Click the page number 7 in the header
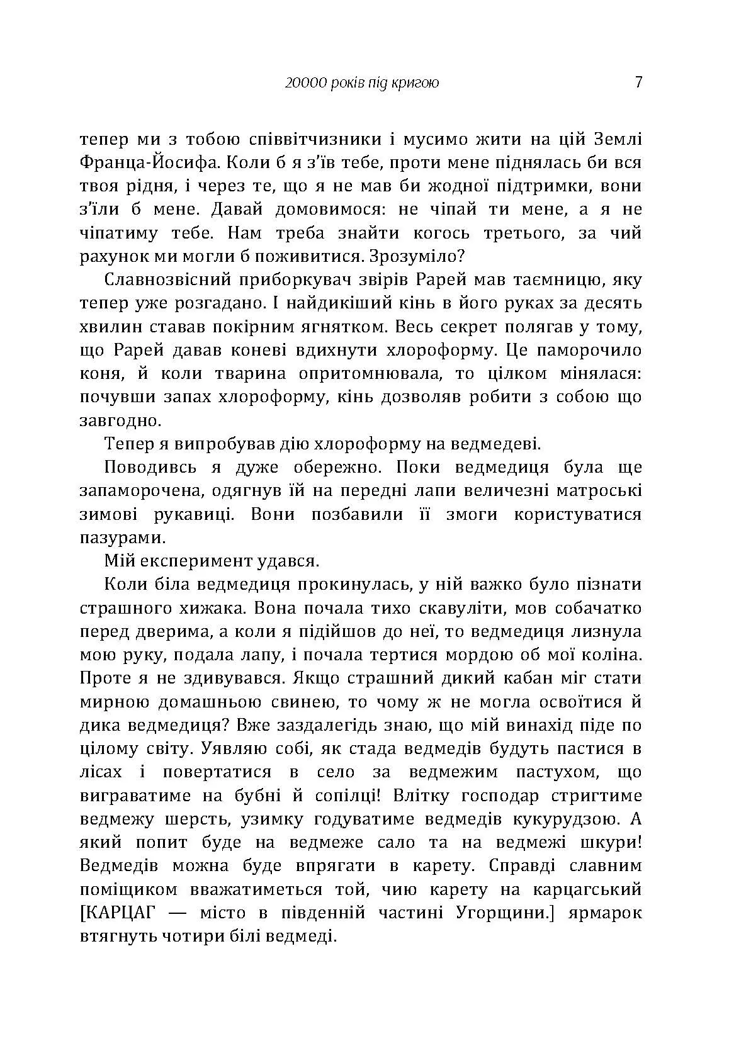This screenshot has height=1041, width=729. pyautogui.click(x=638, y=82)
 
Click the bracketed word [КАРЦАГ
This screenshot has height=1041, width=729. pyautogui.click(x=121, y=913)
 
